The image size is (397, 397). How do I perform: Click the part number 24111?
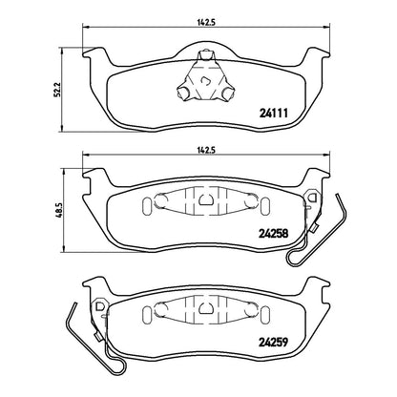point(274,113)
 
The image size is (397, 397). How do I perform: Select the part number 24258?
point(274,234)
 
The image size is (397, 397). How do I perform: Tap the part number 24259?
point(274,343)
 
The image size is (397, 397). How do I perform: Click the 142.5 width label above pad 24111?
point(206,22)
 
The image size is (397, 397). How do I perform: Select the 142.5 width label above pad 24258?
point(206,151)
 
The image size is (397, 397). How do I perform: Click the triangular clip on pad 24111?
point(205,77)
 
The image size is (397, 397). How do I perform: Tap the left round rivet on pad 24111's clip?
point(183,93)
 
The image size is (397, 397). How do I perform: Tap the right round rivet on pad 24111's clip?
point(227,93)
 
